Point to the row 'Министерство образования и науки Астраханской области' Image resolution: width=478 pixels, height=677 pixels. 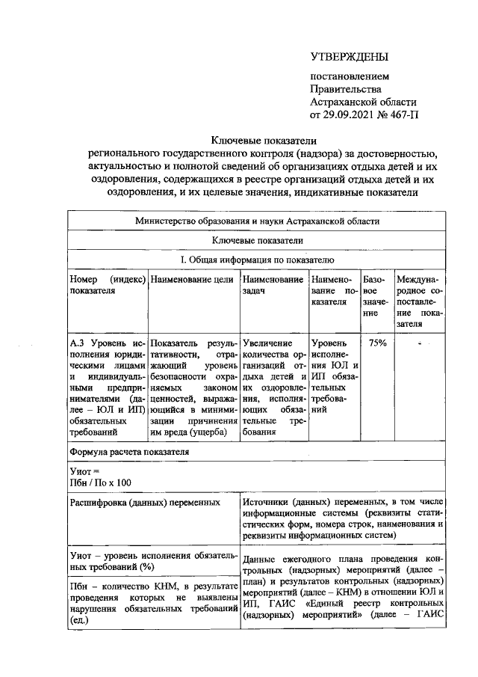(257, 221)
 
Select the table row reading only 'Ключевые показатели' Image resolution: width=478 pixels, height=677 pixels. (257, 240)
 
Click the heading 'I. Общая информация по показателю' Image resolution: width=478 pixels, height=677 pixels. (257, 259)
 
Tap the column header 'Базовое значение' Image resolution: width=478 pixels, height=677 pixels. (376, 296)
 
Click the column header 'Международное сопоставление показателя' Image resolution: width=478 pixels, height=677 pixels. (420, 301)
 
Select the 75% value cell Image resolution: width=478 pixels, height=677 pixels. (376, 343)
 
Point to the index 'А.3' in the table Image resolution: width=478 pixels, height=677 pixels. (77, 343)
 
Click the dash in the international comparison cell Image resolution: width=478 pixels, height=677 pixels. (420, 343)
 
